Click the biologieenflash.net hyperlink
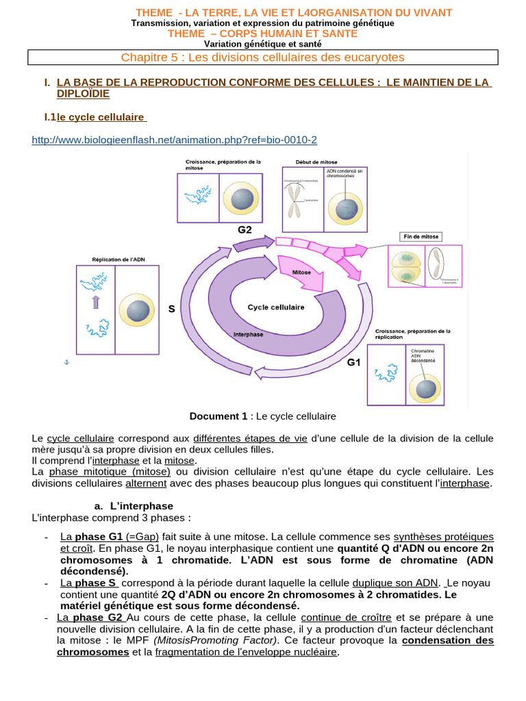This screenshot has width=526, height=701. [175, 140]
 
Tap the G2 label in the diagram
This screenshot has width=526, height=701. [245, 230]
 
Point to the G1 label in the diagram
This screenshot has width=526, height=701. [353, 362]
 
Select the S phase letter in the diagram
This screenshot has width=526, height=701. [172, 309]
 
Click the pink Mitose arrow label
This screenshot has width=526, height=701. [301, 272]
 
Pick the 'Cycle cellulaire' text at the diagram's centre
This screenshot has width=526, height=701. [276, 307]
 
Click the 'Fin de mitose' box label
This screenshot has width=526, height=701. [421, 237]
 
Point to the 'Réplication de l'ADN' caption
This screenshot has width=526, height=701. [118, 259]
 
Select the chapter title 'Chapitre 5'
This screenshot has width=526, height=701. [263, 57]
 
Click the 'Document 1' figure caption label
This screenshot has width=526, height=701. [218, 416]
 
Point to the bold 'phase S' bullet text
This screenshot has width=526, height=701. [97, 583]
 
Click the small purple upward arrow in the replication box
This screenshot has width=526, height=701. [96, 302]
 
